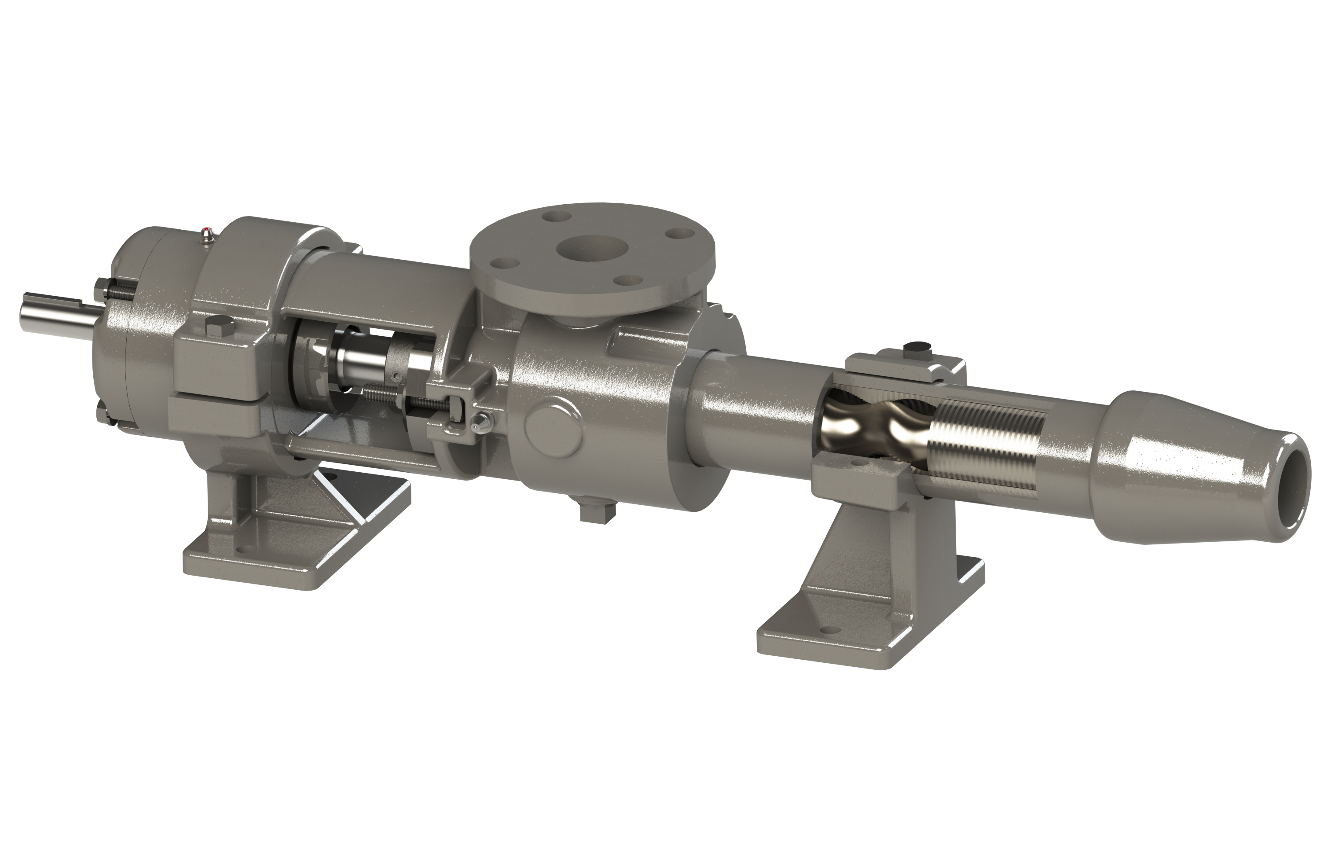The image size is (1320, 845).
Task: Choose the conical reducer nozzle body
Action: [x=1179, y=467]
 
